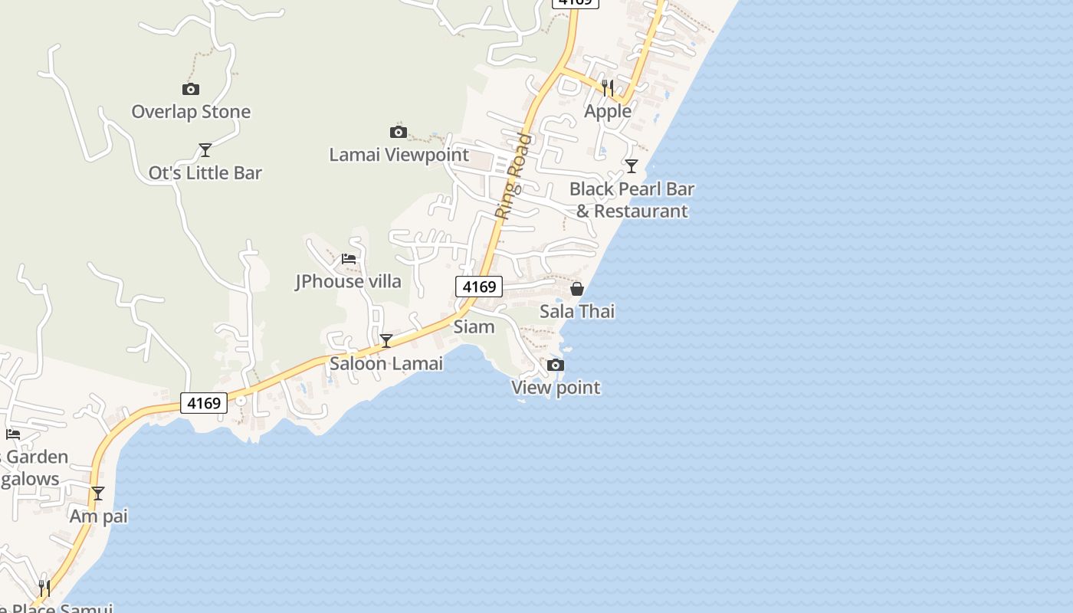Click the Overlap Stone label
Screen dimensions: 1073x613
tap(191, 112)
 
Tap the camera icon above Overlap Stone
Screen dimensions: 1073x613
tap(191, 89)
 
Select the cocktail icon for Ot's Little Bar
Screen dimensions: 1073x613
tap(205, 149)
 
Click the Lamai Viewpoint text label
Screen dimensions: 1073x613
tap(399, 155)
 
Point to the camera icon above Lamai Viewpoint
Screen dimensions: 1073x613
tap(399, 132)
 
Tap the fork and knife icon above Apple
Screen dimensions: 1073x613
tap(608, 87)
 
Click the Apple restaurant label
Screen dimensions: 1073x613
tap(608, 111)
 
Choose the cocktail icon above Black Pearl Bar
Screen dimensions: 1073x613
tap(632, 166)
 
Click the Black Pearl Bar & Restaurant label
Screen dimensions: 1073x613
tap(632, 200)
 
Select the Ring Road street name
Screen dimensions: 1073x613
tap(513, 176)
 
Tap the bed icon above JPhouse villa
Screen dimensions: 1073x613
tap(349, 259)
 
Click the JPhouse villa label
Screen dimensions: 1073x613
tap(349, 282)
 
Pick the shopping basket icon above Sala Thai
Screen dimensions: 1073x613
tap(577, 289)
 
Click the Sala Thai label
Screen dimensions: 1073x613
tap(577, 312)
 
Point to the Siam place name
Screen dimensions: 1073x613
tap(474, 327)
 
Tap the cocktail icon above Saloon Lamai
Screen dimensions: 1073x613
tap(386, 341)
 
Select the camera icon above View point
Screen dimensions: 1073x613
tap(556, 365)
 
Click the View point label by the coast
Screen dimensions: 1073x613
tap(556, 388)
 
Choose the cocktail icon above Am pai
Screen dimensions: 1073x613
tap(98, 493)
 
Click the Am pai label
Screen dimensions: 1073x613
tap(98, 516)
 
